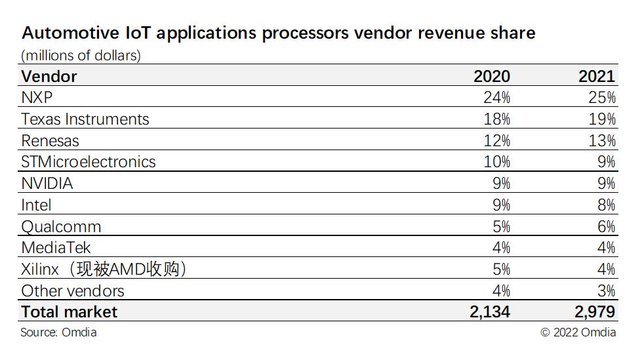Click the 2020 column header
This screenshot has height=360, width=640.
click(x=491, y=76)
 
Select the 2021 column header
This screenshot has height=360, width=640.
click(x=597, y=76)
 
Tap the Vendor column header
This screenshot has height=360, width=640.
click(x=49, y=76)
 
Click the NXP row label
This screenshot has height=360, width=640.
click(x=37, y=98)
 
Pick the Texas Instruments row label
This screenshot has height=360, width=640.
click(x=85, y=119)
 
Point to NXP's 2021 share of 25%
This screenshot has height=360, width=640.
click(x=601, y=98)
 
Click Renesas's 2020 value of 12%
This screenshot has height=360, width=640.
click(x=496, y=140)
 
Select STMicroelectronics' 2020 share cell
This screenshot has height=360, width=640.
click(x=496, y=162)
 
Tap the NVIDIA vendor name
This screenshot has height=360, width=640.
click(x=47, y=184)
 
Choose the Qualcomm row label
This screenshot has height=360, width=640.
click(x=61, y=226)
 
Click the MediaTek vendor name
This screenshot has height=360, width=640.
click(x=56, y=248)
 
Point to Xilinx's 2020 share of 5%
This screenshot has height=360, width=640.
click(x=500, y=269)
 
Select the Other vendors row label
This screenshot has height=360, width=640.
click(x=73, y=290)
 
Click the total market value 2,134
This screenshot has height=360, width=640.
click(x=490, y=311)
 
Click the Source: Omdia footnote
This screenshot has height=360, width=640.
click(x=58, y=332)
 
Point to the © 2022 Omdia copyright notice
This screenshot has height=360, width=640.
click(x=578, y=332)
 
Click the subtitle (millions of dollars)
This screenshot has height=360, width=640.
click(x=81, y=55)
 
